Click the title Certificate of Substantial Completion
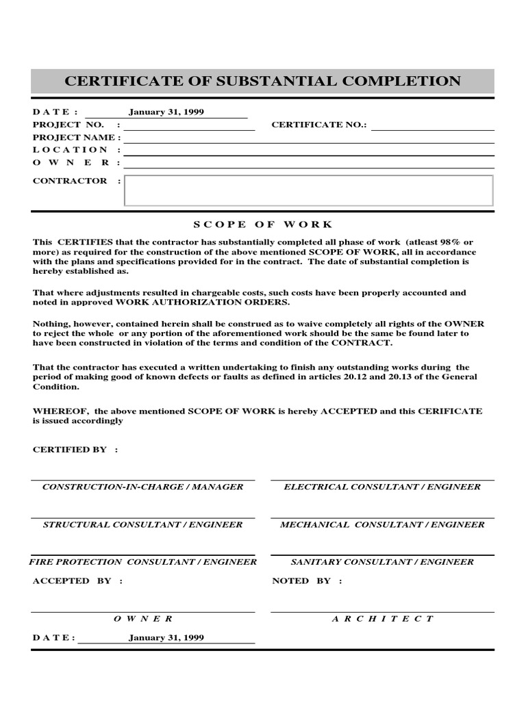pos(262,81)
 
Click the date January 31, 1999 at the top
pos(166,112)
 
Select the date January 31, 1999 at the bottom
pos(166,637)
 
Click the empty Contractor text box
pos(308,190)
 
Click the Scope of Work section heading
pos(262,225)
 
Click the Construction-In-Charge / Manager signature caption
pos(142,487)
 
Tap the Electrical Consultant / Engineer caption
pos(382,487)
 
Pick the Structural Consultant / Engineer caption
pos(142,524)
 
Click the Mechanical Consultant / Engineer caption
pos(382,524)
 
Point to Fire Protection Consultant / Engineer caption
pos(142,561)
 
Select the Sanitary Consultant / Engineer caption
pos(382,561)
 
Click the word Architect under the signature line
pos(382,618)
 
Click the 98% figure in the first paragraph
pos(451,242)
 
